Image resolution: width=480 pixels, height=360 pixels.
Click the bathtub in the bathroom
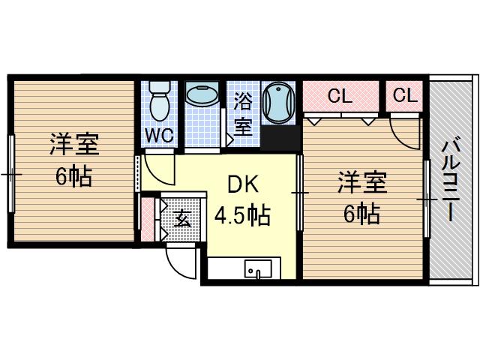pos(280,103)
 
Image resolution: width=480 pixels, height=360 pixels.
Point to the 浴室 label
pos(243,113)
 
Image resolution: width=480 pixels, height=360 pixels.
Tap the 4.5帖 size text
pos(242,216)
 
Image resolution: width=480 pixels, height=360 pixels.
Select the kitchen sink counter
pos(243,268)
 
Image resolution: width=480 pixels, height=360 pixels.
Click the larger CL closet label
pos(340,96)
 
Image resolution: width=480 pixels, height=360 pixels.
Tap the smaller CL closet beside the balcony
pos(403,96)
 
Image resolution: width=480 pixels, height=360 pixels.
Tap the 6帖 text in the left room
pos(73,176)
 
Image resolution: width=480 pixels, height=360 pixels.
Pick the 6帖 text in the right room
pos(361,214)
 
